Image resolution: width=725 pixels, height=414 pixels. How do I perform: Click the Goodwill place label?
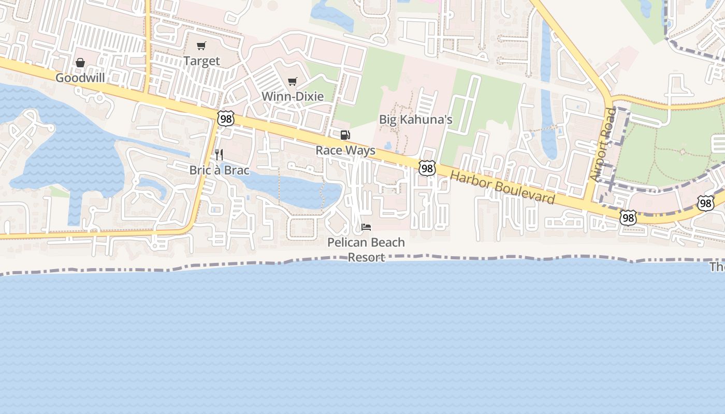tap(80, 78)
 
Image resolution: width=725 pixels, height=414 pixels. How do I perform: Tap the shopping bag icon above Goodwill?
tap(80, 63)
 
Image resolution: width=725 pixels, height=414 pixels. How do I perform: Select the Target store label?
tap(201, 61)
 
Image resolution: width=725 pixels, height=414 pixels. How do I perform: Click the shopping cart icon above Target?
tap(201, 46)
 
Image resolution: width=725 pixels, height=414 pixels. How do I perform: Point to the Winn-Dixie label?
tap(293, 96)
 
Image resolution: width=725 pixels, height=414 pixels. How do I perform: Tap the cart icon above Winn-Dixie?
tap(293, 81)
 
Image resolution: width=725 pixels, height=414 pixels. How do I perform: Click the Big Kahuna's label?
tap(416, 120)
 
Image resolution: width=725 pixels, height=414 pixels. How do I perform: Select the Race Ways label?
tap(345, 151)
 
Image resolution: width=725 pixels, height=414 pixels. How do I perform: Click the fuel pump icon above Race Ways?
tap(345, 136)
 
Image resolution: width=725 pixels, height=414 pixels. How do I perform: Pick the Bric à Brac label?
tap(219, 170)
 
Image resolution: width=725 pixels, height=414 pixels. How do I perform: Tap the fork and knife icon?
tap(219, 154)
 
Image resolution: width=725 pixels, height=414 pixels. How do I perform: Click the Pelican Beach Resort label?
tap(366, 249)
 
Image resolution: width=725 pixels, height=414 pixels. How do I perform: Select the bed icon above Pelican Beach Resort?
tap(366, 227)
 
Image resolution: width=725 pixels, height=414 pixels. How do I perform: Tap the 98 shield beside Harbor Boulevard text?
tap(427, 168)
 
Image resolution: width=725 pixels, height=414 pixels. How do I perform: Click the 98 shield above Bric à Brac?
tap(226, 118)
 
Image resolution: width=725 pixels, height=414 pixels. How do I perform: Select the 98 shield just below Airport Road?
tap(628, 218)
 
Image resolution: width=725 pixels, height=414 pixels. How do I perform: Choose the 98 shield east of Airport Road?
tap(706, 203)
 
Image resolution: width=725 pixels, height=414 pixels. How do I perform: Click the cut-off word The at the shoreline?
tap(717, 267)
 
